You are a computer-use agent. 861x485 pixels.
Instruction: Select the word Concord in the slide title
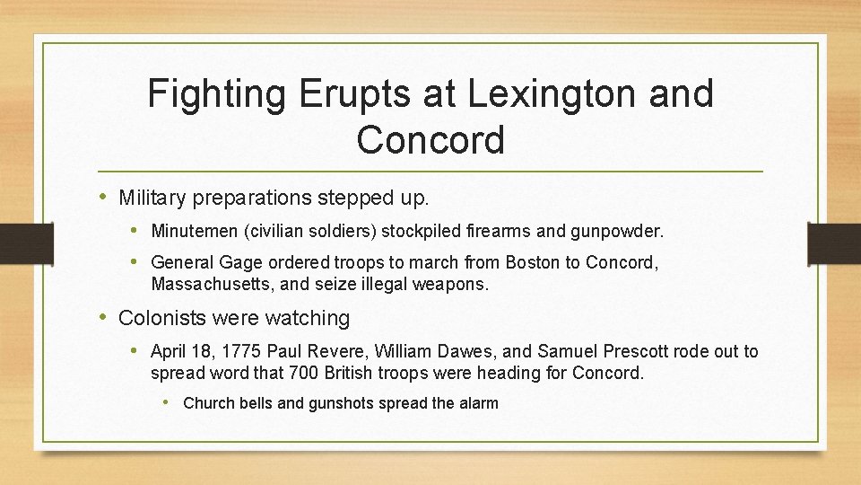pyautogui.click(x=430, y=139)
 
